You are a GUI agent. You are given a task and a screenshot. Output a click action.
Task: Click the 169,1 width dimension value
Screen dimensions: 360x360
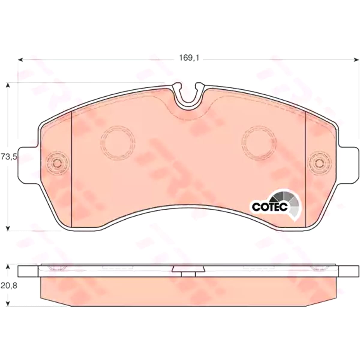click(x=189, y=58)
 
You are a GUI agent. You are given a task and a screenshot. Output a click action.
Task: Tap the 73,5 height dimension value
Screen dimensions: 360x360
click(x=9, y=156)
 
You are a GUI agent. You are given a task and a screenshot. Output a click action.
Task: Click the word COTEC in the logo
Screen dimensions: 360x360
click(x=270, y=207)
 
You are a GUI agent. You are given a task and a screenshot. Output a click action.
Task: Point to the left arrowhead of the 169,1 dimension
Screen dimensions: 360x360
click(x=20, y=60)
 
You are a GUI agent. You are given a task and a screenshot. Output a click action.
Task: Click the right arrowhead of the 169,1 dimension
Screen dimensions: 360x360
click(x=357, y=60)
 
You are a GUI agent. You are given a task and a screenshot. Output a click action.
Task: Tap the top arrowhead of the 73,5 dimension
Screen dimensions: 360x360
click(x=8, y=85)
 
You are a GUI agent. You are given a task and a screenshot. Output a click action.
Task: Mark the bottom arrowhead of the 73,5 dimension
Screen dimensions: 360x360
click(x=8, y=228)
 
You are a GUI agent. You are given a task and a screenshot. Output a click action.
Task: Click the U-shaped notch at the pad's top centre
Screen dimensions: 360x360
click(x=189, y=97)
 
